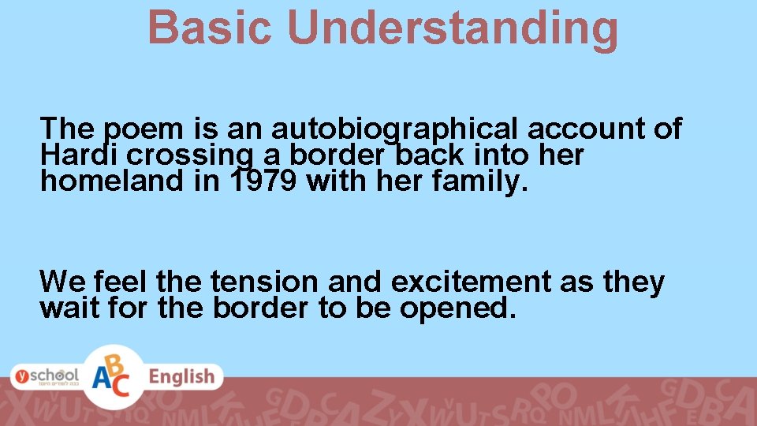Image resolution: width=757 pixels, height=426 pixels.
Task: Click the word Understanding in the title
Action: coord(453,28)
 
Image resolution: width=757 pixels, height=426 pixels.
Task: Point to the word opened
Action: coord(458,308)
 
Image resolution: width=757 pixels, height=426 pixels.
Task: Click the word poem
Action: coord(140,129)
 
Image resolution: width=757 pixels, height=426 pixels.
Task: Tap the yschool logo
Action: coord(45,376)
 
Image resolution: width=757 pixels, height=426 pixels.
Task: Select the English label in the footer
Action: coord(182,376)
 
